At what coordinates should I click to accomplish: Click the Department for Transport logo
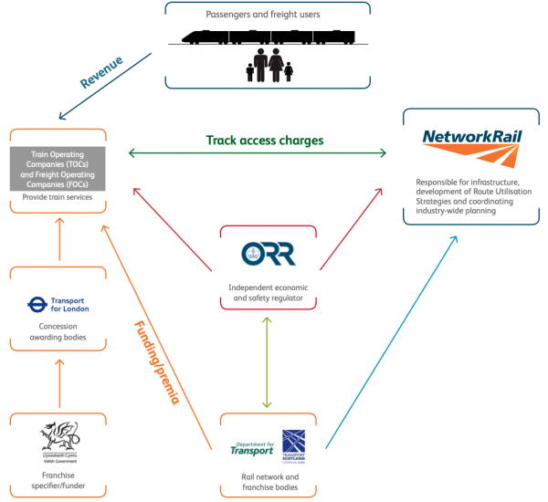pyautogui.click(x=251, y=448)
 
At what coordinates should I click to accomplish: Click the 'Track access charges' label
pyautogui.click(x=265, y=141)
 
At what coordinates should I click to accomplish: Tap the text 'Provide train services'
pyautogui.click(x=57, y=197)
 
